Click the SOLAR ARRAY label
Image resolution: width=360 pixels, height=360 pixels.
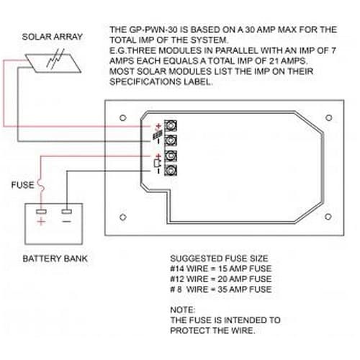coord(53,37)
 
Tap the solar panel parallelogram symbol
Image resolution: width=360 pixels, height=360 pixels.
coord(53,63)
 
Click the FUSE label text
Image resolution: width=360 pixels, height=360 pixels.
coord(22,185)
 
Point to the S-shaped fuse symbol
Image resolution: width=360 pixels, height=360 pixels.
coord(41,185)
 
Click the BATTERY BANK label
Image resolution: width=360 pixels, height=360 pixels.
coord(55,258)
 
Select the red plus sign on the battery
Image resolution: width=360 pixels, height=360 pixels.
coord(41,221)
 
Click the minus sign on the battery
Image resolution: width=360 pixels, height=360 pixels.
coord(66,221)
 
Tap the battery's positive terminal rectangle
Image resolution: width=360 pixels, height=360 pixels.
coord(41,212)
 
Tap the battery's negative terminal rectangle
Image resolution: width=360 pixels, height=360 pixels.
coord(66,212)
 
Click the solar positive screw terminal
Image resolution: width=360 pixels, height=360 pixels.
coord(171,125)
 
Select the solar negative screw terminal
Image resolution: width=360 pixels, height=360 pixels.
coord(171,140)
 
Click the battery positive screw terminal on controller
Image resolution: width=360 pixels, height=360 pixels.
coord(171,156)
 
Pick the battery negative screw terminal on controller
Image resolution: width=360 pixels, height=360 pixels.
coord(171,171)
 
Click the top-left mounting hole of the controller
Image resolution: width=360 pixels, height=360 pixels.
coord(123,118)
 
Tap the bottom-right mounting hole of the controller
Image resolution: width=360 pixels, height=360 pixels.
coord(328,217)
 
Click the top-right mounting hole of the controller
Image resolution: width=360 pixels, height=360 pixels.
coord(329,118)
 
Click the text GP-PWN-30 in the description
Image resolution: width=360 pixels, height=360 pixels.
coord(153,30)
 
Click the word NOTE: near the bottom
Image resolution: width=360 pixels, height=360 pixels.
coord(183,310)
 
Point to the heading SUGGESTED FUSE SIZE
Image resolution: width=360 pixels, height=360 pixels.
coord(219,258)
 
